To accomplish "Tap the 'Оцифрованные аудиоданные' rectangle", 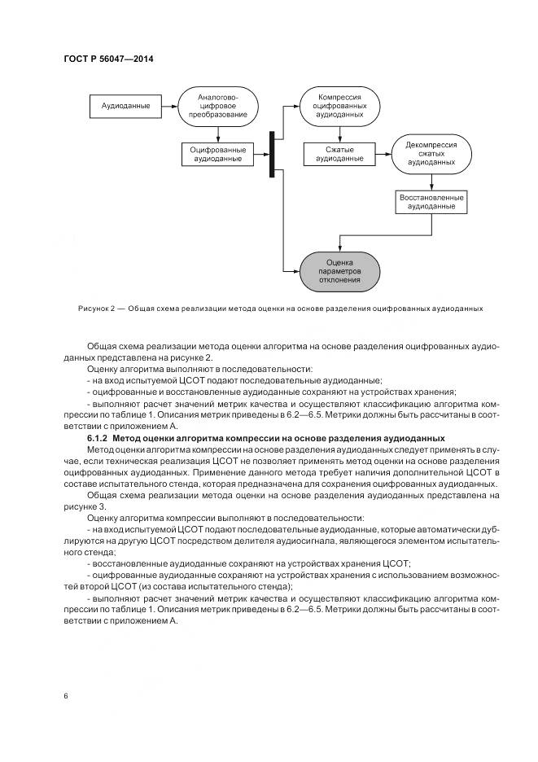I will click(216, 154).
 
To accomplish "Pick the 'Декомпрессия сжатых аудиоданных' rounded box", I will click(431, 153).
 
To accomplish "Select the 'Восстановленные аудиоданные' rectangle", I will click(431, 202).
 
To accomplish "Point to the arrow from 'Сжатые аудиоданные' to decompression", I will click(382, 154).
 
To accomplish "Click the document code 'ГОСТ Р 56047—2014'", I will click(108, 59).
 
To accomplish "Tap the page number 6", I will click(65, 696).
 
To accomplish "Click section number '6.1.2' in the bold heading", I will click(99, 439).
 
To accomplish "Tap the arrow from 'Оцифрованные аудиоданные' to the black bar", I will click(260, 154).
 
